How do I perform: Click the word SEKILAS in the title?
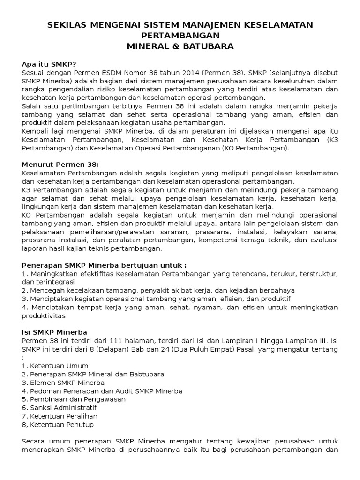[x=68, y=24]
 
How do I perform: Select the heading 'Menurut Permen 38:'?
[x=60, y=165]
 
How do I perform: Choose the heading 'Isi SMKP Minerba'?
[x=54, y=332]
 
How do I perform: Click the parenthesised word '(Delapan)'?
[x=111, y=349]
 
